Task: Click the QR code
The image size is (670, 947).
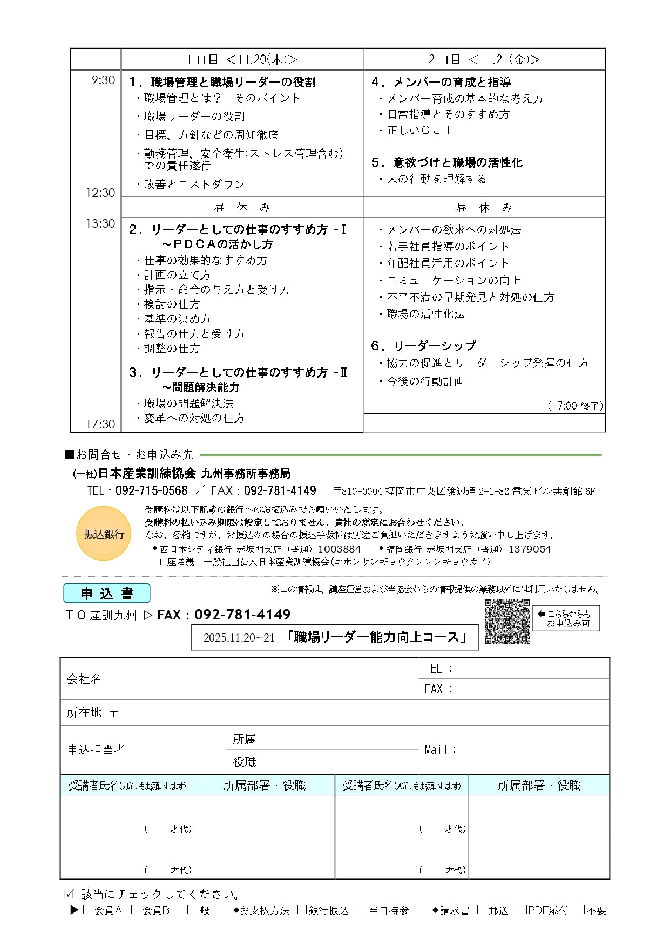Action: click(506, 622)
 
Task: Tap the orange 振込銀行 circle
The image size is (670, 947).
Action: click(104, 533)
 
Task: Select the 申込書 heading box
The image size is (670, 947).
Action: click(106, 594)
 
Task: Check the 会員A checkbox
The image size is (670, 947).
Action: click(87, 910)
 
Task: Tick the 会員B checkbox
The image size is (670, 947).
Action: click(136, 910)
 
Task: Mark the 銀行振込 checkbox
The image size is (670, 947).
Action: click(302, 910)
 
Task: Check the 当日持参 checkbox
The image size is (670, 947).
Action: click(363, 910)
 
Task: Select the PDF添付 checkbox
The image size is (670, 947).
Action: click(522, 910)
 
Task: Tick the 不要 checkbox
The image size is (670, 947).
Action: click(580, 910)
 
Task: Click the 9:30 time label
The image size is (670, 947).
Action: click(103, 80)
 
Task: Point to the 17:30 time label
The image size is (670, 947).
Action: click(100, 424)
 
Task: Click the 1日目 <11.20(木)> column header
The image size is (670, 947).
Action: click(241, 59)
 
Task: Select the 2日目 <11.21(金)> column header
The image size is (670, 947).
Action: click(484, 59)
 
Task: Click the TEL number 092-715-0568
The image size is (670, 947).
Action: click(151, 490)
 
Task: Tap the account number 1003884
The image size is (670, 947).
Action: click(339, 549)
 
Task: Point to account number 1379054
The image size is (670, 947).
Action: click(530, 549)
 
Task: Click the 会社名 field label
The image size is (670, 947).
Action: click(84, 679)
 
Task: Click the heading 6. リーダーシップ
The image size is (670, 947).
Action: click(424, 345)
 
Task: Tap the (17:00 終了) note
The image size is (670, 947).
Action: click(575, 406)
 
